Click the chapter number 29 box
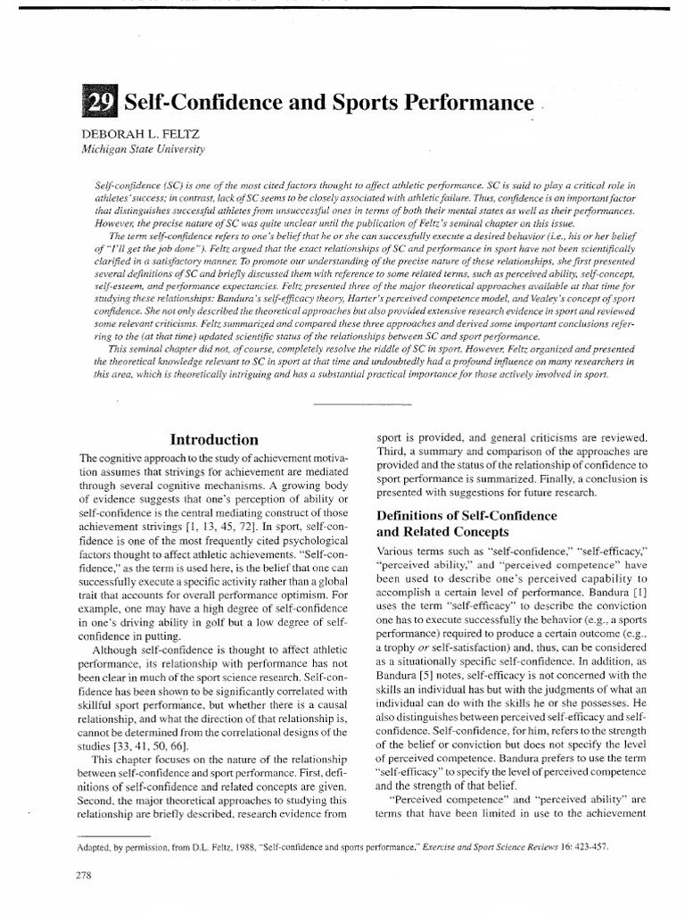point(101,104)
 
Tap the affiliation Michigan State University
point(144,148)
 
